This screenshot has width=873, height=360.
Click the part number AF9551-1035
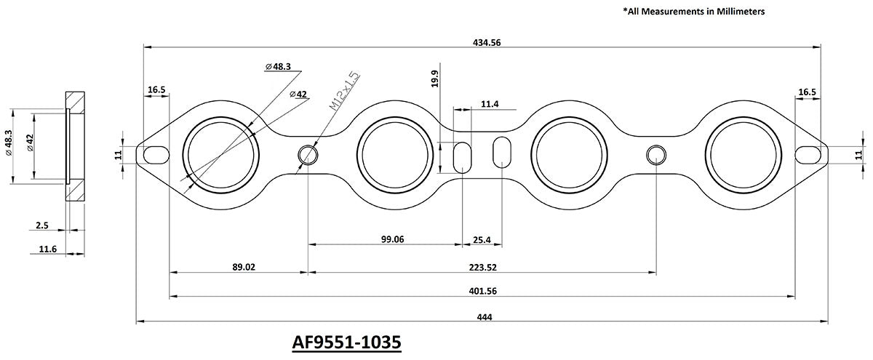[347, 342]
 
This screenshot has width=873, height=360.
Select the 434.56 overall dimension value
[486, 43]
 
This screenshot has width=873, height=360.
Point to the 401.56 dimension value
[482, 291]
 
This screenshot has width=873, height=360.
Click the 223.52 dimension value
[482, 267]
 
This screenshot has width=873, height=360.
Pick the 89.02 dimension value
[244, 267]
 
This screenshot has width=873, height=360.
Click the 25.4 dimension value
[482, 238]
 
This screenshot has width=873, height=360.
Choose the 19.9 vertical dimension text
[435, 78]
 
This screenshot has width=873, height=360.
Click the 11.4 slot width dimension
[490, 105]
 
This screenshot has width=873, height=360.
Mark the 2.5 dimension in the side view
[42, 226]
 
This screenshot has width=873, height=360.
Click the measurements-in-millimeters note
[693, 12]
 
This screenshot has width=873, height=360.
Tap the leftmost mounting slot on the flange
[155, 154]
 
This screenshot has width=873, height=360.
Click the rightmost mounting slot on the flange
[809, 154]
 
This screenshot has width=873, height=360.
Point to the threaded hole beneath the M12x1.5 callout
[308, 154]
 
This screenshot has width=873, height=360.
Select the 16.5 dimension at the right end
[807, 92]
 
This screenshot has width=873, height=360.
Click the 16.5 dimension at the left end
[156, 90]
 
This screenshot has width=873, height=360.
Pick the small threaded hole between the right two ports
[656, 154]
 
